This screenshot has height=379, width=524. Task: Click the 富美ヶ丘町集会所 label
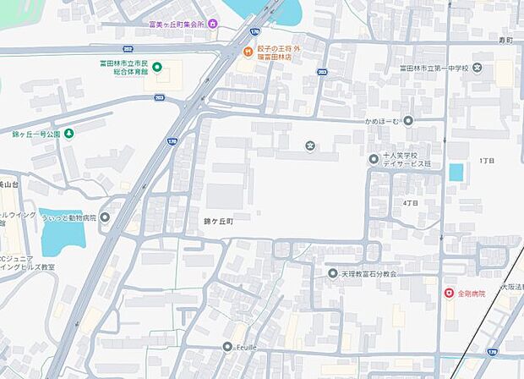click(x=177, y=24)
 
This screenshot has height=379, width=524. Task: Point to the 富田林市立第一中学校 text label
click(x=434, y=68)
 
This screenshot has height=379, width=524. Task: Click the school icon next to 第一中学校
click(x=478, y=68)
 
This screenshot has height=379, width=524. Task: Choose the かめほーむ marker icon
click(x=408, y=121)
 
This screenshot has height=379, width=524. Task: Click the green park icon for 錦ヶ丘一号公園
click(x=69, y=134)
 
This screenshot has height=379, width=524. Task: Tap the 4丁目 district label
click(x=411, y=203)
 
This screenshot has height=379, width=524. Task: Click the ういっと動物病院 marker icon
click(x=105, y=217)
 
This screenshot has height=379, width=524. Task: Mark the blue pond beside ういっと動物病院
click(x=62, y=231)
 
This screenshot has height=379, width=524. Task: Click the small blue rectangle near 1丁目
click(x=456, y=173)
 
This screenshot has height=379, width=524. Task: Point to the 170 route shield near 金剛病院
click(x=492, y=350)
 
